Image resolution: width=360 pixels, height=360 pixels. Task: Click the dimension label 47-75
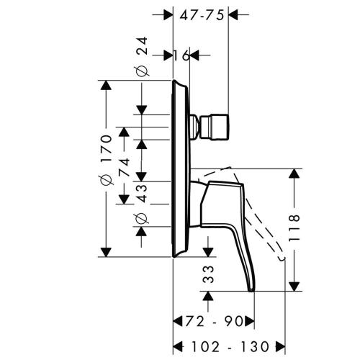point(201,13)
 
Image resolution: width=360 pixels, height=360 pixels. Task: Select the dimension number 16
point(180,55)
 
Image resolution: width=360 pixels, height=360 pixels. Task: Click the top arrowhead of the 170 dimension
point(107,86)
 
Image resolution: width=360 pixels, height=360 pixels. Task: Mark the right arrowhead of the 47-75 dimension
point(233,14)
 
